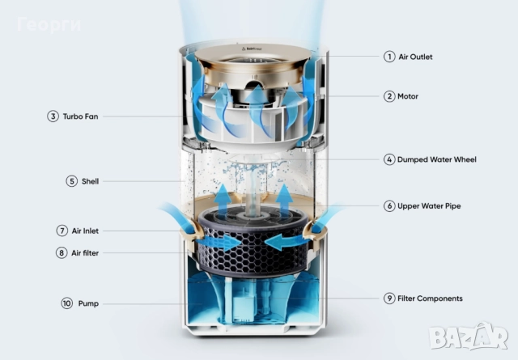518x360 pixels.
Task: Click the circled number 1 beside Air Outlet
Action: (389, 57)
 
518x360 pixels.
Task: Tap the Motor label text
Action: (408, 96)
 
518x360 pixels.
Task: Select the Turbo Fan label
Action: (80, 116)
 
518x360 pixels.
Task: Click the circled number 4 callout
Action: (389, 159)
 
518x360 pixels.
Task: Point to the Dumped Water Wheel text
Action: (437, 159)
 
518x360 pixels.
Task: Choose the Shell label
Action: (90, 181)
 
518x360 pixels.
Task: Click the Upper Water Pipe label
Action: (429, 206)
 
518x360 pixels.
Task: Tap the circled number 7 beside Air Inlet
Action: (62, 231)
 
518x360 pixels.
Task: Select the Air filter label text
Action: (85, 253)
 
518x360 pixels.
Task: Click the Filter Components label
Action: (430, 299)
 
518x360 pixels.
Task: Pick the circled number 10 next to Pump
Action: (67, 303)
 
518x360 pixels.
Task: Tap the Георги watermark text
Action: (49, 25)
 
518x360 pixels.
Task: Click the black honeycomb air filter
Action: (253, 242)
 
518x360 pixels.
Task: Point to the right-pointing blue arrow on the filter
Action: (219, 243)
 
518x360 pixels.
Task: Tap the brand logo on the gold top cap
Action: (252, 49)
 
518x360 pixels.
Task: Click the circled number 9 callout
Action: (389, 299)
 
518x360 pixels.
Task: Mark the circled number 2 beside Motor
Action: (389, 96)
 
